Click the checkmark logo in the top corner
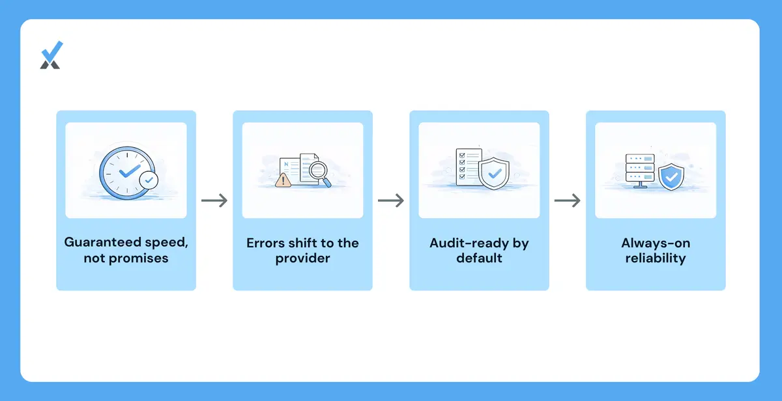pyautogui.click(x=51, y=55)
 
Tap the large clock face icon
pyautogui.click(x=127, y=173)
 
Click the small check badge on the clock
pyautogui.click(x=149, y=180)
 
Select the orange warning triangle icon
pyautogui.click(x=283, y=180)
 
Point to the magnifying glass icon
pyautogui.click(x=320, y=174)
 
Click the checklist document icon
pyautogui.click(x=469, y=167)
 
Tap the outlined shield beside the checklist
pyautogui.click(x=494, y=173)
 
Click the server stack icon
pyautogui.click(x=640, y=171)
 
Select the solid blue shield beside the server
pyautogui.click(x=671, y=177)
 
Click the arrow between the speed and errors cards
pyautogui.click(x=214, y=200)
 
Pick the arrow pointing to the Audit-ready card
pyautogui.click(x=391, y=200)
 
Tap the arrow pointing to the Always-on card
pyautogui.click(x=568, y=200)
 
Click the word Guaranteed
pyautogui.click(x=103, y=242)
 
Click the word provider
pyautogui.click(x=302, y=258)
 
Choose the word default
pyautogui.click(x=479, y=258)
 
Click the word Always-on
pyautogui.click(x=656, y=243)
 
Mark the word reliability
pyautogui.click(x=656, y=258)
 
